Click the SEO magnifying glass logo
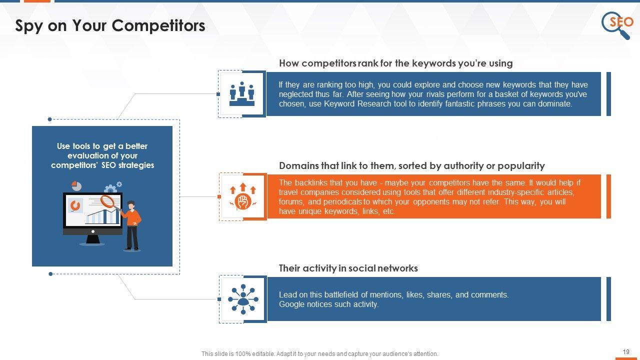[x=617, y=25]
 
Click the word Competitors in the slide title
[x=158, y=25]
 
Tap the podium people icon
[x=242, y=93]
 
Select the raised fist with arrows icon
[x=243, y=196]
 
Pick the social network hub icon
[x=243, y=299]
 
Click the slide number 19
[x=626, y=351]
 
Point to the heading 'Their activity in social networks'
[x=348, y=268]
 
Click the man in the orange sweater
[x=131, y=225]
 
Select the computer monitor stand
[x=92, y=239]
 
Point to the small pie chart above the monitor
[x=76, y=186]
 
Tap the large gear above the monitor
[x=110, y=189]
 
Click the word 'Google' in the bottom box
[x=291, y=304]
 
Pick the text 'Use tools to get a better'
[x=102, y=146]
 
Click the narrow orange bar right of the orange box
[x=608, y=196]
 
